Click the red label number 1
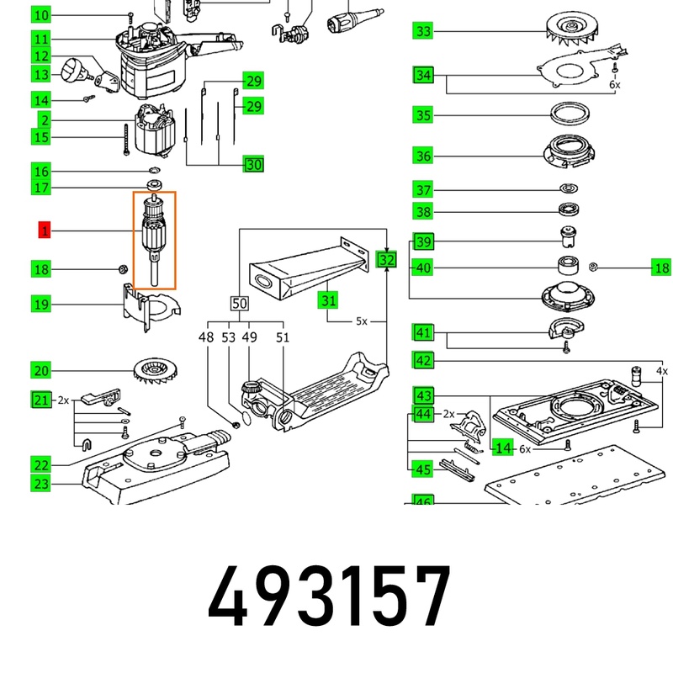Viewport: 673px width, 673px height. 45,230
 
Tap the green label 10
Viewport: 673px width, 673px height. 41,15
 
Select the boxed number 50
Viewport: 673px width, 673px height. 239,304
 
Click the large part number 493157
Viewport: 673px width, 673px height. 329,596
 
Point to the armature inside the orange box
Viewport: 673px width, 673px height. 154,240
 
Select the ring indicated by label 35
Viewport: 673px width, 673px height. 570,114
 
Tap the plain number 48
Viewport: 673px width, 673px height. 206,337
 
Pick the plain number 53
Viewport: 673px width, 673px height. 228,337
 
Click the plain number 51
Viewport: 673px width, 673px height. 283,337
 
